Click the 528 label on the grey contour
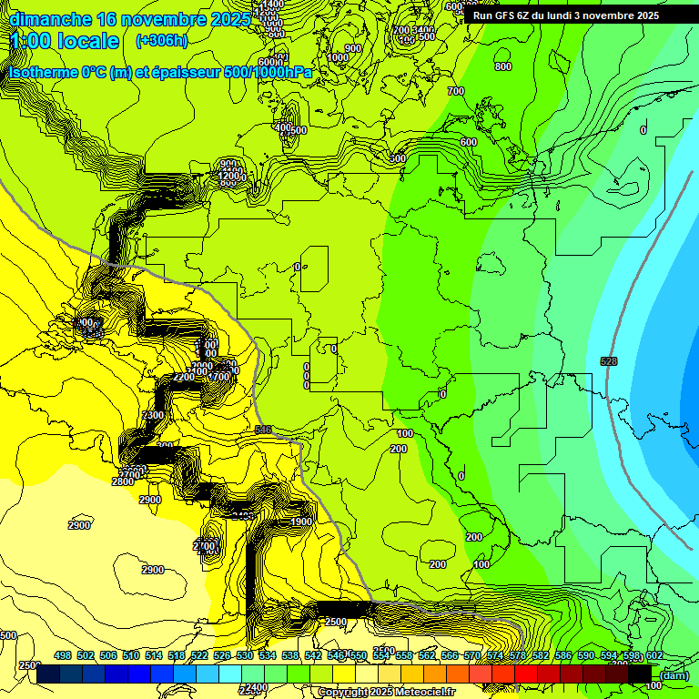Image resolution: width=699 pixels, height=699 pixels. (x=609, y=361)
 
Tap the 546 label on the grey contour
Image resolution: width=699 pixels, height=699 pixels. (x=263, y=430)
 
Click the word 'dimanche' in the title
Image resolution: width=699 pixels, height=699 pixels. (x=50, y=19)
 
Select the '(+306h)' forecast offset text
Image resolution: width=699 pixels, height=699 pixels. (x=161, y=41)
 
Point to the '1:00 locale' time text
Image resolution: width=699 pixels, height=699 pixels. (x=65, y=41)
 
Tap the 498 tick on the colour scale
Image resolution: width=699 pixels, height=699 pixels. (x=63, y=655)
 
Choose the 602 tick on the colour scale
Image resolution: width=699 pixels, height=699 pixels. (x=653, y=655)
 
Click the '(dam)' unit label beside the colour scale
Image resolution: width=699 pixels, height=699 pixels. (x=674, y=674)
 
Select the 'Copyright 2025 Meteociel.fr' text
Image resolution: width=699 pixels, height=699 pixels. (x=386, y=693)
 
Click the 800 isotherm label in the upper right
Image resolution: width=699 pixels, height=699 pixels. (x=502, y=66)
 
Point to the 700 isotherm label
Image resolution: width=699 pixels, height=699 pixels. (x=456, y=91)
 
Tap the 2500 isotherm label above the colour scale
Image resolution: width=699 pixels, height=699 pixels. (x=335, y=622)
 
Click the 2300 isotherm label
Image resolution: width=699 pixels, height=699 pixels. (x=153, y=415)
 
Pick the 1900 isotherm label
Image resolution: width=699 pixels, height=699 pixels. (x=301, y=522)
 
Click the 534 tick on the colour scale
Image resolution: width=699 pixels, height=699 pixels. (x=267, y=655)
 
